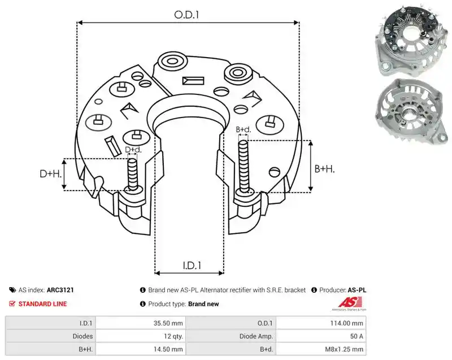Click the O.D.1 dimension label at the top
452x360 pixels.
tap(186, 15)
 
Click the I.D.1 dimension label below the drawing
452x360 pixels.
tap(192, 265)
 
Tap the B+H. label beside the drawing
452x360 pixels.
tap(324, 168)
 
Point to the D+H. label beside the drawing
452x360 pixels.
tap(51, 174)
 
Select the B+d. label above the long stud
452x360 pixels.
tap(244, 129)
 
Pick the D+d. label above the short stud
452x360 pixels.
tap(133, 150)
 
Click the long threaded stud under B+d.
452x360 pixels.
tap(244, 167)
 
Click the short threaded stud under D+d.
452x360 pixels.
tap(133, 175)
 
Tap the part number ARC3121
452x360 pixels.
tap(60, 290)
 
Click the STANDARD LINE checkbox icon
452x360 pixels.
tap(12, 304)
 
